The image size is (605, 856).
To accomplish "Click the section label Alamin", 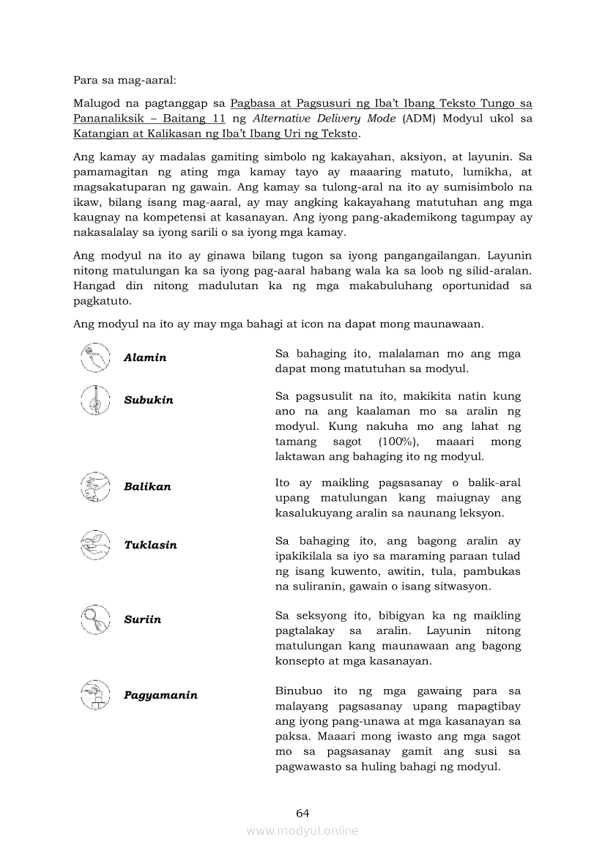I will coord(145,357).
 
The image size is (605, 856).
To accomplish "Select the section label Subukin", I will coord(149,400).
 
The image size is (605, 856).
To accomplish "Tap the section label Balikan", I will coord(147,486).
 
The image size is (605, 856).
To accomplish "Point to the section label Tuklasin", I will coord(150,545).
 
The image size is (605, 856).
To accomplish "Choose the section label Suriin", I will coord(142,619).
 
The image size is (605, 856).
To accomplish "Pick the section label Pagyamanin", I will coord(160,695).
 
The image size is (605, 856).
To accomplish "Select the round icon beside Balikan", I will coord(94,485).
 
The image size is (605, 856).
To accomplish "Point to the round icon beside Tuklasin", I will coord(94,544).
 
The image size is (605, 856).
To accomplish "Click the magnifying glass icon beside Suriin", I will coord(94,619).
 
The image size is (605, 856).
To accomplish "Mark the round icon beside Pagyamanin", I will coord(94,694).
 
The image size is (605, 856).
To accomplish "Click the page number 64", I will coord(302,813).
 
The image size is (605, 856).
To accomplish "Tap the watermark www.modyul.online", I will coord(302,831).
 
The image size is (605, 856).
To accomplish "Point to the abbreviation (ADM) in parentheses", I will coord(419,118).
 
